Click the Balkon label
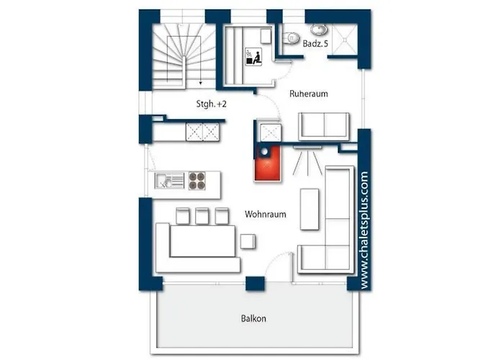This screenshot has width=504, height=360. tap(253, 318)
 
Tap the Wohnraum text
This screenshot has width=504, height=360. tap(266, 215)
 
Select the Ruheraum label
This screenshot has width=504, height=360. tap(309, 94)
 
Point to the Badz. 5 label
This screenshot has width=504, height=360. tap(315, 44)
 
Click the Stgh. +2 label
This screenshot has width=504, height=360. tap(211, 104)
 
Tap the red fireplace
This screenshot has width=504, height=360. tap(267, 163)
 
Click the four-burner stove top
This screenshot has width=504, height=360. tap(197, 181)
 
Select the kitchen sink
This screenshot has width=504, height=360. tap(169, 181)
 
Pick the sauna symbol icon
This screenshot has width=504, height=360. tap(253, 57)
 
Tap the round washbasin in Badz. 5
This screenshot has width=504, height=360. tap(318, 30)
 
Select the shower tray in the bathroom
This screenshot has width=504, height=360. tap(345, 39)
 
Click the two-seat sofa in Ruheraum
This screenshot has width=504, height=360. tap(324, 127)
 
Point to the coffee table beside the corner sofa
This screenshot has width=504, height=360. tap(310, 210)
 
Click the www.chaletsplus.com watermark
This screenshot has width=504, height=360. tap(364, 230)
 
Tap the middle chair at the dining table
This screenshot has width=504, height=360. tap(202, 216)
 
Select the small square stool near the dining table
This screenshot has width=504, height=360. tap(248, 242)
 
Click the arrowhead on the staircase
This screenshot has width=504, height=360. tap(201, 84)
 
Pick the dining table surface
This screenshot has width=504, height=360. tap(202, 241)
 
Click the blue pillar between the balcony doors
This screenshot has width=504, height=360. tap(255, 284)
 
